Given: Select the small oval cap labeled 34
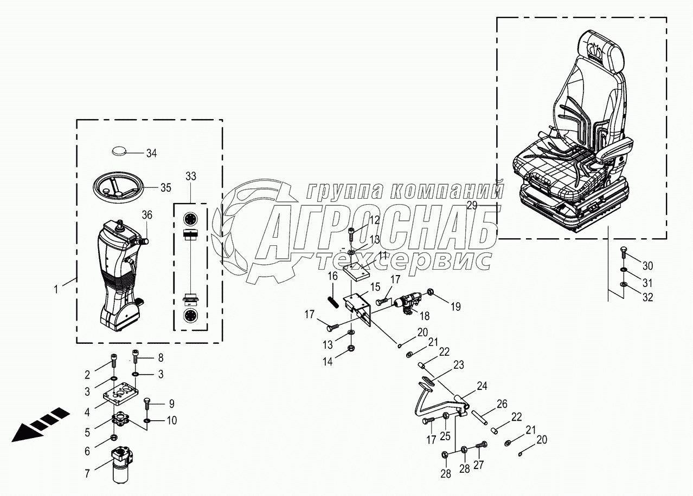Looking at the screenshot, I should coord(122,150).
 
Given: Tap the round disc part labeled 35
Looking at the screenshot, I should coord(118,187).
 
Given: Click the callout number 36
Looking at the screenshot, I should coord(147,214).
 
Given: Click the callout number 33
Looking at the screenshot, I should coord(190,176).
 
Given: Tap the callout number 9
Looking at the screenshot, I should coord(171,403).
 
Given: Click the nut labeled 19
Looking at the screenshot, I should coord(431,293).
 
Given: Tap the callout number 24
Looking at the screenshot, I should coord(482,386).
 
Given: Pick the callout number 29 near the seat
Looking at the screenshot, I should coord(472,205).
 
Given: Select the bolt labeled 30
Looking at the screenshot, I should coord(623,252).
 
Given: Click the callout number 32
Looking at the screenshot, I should coord(647,297).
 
